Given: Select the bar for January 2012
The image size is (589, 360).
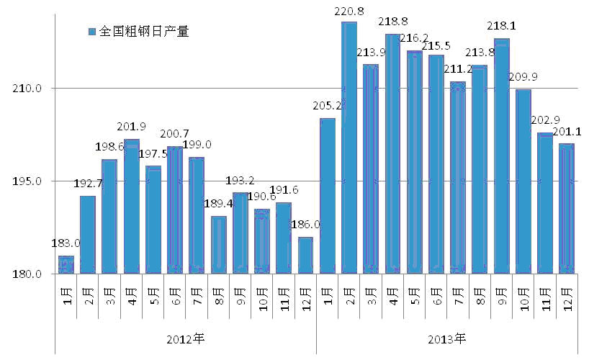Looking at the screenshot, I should pyautogui.click(x=66, y=265).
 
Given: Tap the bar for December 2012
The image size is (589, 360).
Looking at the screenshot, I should pyautogui.click(x=305, y=256).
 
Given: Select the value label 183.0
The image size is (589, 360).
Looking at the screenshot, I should pyautogui.click(x=66, y=243).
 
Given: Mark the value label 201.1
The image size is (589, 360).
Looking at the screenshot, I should pyautogui.click(x=569, y=131).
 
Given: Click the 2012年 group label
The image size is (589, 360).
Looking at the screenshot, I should pyautogui.click(x=185, y=338).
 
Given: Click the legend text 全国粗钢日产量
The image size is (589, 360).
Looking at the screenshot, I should pyautogui.click(x=143, y=32).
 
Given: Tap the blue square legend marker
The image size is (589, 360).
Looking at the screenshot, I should pyautogui.click(x=91, y=32).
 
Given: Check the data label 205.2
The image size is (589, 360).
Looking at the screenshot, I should pyautogui.click(x=327, y=105).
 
